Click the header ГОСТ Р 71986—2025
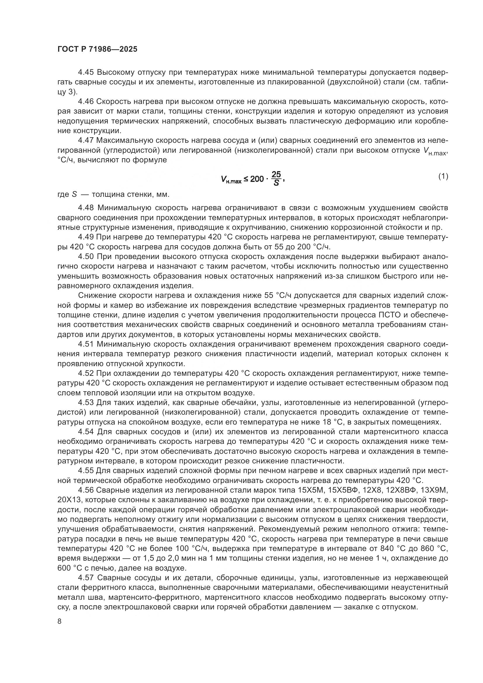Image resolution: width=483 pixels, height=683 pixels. pyautogui.click(x=97, y=49)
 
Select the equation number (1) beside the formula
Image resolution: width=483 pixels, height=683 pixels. pyautogui.click(x=443, y=176)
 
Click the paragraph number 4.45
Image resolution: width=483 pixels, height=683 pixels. pyautogui.click(x=86, y=72)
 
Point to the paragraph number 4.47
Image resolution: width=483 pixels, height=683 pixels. pyautogui.click(x=86, y=140)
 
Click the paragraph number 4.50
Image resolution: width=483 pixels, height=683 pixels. pyautogui.click(x=86, y=256)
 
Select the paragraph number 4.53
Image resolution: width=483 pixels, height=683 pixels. pyautogui.click(x=86, y=402)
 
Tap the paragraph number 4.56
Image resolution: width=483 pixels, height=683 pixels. pyautogui.click(x=86, y=490)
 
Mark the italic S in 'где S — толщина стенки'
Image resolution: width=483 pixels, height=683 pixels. pyautogui.click(x=74, y=195)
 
